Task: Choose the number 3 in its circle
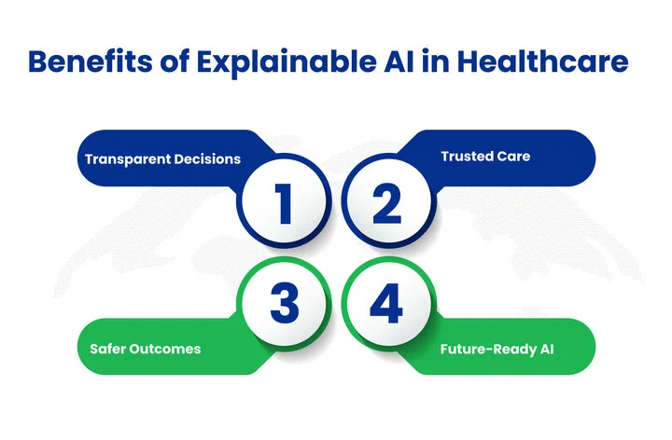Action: pos(283,303)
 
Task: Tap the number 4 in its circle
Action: pos(386,303)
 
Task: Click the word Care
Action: pos(512,156)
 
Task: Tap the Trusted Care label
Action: pos(485,156)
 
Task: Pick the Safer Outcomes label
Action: pos(145,350)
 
